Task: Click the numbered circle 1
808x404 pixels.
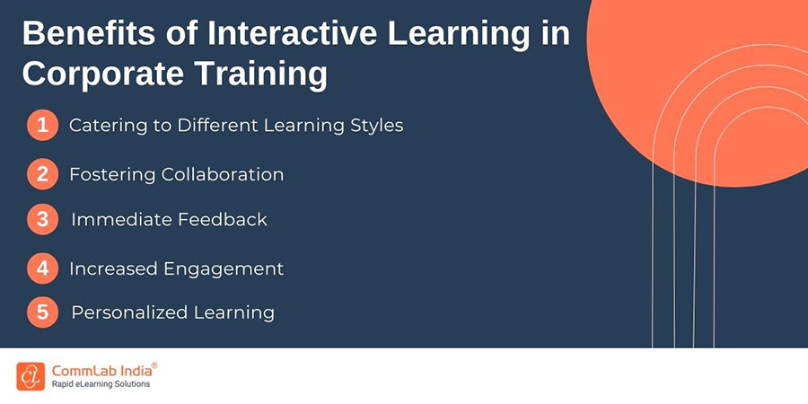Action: tap(43, 125)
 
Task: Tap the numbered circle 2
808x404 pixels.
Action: tap(43, 174)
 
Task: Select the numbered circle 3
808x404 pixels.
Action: tap(43, 220)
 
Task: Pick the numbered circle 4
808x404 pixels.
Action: tap(43, 268)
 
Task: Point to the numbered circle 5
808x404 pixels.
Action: tap(43, 312)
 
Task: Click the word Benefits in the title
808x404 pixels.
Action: tap(88, 34)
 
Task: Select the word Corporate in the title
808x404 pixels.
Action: tap(103, 74)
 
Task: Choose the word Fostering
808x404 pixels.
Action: tap(113, 175)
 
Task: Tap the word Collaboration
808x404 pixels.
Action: tap(223, 174)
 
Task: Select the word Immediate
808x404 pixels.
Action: tap(122, 220)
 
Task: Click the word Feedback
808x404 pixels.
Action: tap(223, 220)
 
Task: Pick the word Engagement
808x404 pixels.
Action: tap(224, 269)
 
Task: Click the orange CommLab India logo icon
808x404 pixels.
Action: tap(31, 376)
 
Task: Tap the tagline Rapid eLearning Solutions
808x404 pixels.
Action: tap(101, 384)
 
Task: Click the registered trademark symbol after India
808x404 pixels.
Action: tap(154, 365)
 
